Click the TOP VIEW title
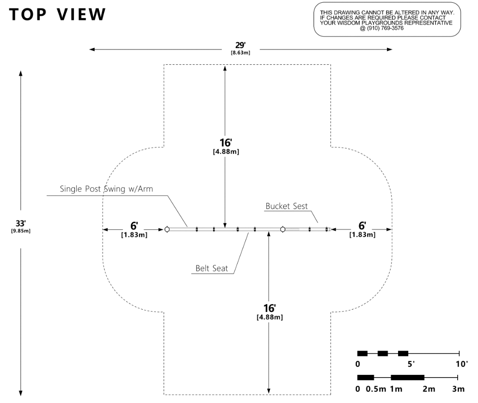[57, 15]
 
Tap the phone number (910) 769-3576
[387, 28]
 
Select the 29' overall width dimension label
[240, 46]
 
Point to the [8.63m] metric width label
[240, 53]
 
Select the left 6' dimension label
[134, 226]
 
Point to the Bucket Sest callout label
[287, 206]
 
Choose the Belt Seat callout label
[211, 269]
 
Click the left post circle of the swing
[167, 229]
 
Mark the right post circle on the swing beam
[282, 229]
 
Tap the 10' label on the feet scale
[460, 364]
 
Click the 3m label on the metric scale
[458, 389]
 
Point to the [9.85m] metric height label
[20, 231]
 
